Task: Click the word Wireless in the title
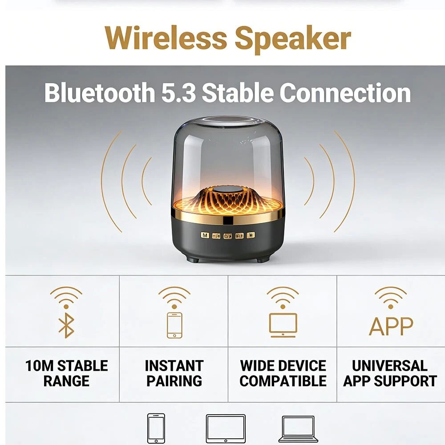(x=166, y=38)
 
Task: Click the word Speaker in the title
(x=293, y=40)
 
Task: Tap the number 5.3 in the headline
(x=178, y=93)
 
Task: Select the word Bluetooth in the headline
(x=100, y=93)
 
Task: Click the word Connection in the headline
(x=345, y=93)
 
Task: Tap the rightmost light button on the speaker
(x=251, y=235)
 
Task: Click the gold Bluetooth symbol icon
(x=66, y=326)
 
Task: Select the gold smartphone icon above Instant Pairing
(x=174, y=325)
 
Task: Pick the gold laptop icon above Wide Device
(x=283, y=325)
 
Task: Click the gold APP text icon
(x=391, y=326)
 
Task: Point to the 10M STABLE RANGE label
(x=67, y=373)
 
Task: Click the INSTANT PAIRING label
(x=174, y=373)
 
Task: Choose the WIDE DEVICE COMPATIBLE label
(x=283, y=373)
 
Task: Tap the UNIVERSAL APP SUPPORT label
(x=390, y=373)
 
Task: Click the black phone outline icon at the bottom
(x=156, y=428)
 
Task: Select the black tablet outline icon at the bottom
(x=226, y=428)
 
